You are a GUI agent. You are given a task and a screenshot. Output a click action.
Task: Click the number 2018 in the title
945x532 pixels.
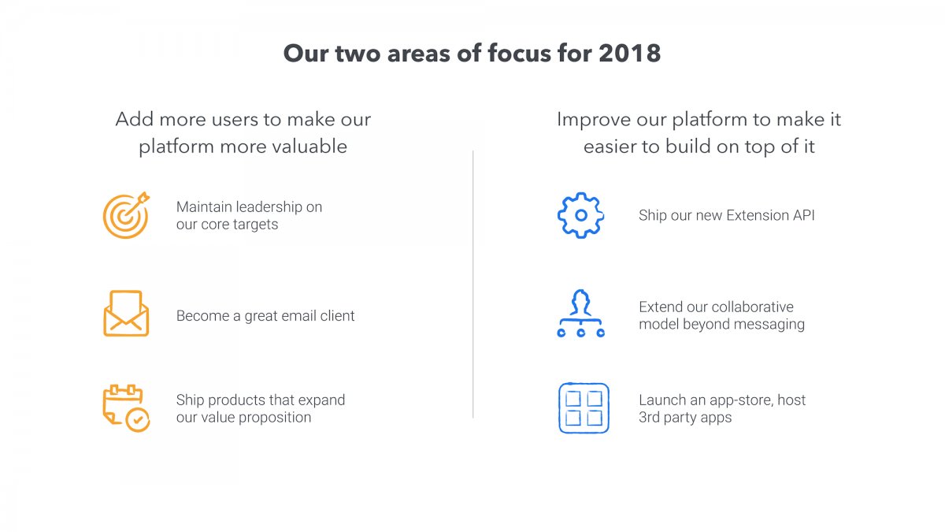tap(629, 54)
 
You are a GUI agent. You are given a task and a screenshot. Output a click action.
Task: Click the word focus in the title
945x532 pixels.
tap(519, 54)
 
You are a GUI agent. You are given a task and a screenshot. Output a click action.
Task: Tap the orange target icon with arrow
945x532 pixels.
tap(126, 215)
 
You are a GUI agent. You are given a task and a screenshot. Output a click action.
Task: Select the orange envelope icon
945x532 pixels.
tap(126, 313)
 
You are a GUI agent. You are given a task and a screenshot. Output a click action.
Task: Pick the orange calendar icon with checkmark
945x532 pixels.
tap(126, 408)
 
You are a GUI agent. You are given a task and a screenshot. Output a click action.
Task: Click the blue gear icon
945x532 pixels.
tap(581, 215)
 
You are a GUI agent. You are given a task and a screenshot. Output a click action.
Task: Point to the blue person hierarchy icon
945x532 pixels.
tap(581, 313)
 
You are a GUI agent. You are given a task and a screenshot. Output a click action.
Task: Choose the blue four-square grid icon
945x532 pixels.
tap(584, 408)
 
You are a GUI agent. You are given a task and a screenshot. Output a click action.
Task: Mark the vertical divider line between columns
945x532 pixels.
tap(473, 285)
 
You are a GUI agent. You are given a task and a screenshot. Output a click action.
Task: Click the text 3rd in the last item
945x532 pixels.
tap(649, 417)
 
